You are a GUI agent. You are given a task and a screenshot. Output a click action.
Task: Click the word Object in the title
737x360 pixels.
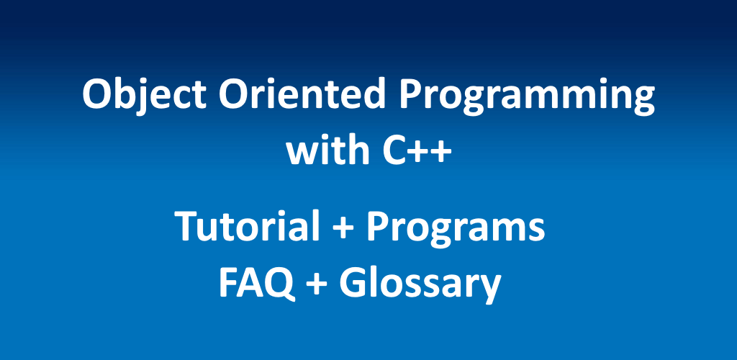[144, 96]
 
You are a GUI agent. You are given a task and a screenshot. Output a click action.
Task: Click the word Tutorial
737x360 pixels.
[246, 226]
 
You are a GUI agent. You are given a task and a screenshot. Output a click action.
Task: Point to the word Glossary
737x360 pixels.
[420, 285]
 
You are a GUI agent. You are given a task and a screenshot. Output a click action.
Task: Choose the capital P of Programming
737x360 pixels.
[410, 94]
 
